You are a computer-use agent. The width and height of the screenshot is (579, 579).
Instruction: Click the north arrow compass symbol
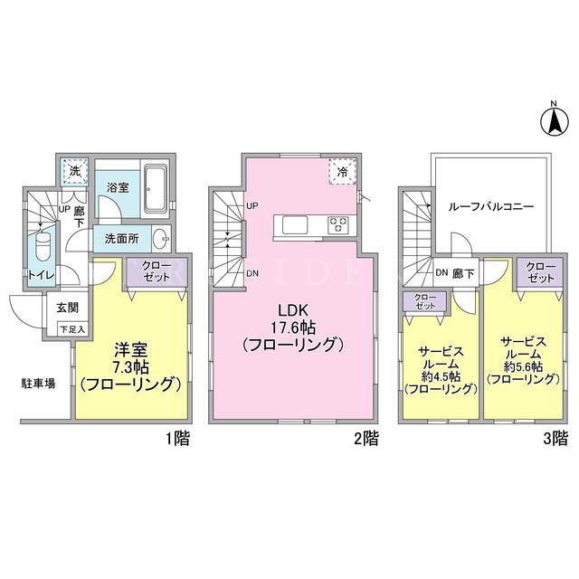click(x=554, y=120)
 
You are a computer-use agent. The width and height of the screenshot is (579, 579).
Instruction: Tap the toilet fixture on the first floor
click(x=43, y=246)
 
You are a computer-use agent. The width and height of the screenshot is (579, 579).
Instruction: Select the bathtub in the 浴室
click(x=155, y=189)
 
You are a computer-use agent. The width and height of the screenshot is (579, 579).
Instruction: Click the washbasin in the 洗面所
click(x=161, y=238)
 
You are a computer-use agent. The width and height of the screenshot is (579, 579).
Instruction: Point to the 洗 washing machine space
click(x=75, y=171)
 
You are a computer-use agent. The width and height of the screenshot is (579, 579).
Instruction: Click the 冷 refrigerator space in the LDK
click(x=343, y=171)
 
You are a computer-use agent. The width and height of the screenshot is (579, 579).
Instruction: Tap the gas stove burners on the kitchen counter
click(x=338, y=225)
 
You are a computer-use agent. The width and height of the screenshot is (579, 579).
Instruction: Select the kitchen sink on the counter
click(x=295, y=225)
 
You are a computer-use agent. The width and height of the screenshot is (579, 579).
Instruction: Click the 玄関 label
click(x=68, y=308)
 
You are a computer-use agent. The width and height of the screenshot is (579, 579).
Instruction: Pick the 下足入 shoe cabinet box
click(x=72, y=329)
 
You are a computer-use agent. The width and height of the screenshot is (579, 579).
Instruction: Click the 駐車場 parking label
click(x=38, y=384)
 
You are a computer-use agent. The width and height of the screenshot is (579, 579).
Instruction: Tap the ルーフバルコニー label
click(x=491, y=206)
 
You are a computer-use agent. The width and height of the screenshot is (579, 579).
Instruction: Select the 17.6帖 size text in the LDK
click(x=293, y=327)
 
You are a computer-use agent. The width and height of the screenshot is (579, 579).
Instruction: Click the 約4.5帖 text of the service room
click(x=441, y=376)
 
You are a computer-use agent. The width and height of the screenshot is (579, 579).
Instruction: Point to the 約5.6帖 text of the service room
click(x=523, y=366)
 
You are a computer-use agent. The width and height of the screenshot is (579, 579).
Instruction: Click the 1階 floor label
click(x=177, y=439)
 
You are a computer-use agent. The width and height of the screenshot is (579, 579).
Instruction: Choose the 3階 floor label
click(x=555, y=439)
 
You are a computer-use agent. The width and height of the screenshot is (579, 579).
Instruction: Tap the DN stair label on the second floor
click(x=252, y=273)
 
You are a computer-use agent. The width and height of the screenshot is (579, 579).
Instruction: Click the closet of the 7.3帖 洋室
click(x=157, y=272)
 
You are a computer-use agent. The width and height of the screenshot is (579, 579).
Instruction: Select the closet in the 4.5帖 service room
click(x=424, y=301)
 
